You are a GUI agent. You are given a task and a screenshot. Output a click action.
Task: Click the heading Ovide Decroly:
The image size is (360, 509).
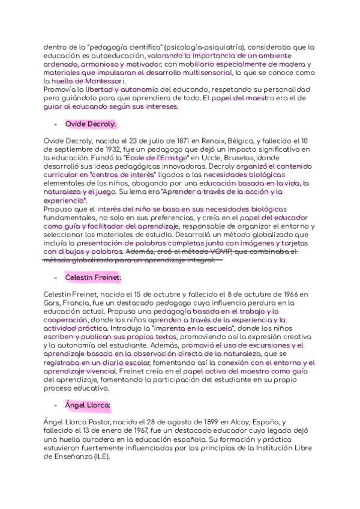(90, 124)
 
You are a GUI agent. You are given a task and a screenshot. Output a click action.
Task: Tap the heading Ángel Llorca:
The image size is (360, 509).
(87, 406)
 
